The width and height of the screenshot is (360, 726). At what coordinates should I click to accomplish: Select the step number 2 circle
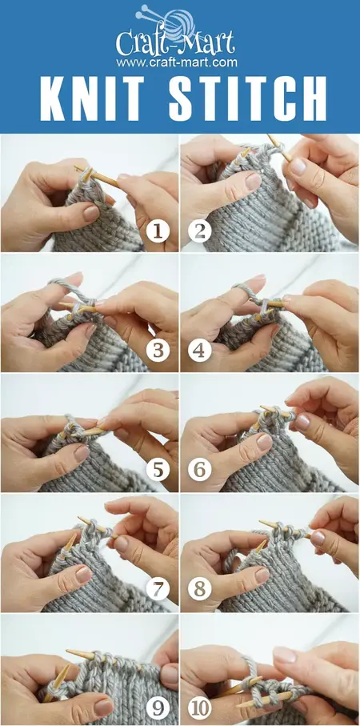click(199, 233)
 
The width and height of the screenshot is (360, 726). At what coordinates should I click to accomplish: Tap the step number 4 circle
click(199, 353)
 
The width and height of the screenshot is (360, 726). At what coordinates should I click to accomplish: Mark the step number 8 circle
click(199, 592)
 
